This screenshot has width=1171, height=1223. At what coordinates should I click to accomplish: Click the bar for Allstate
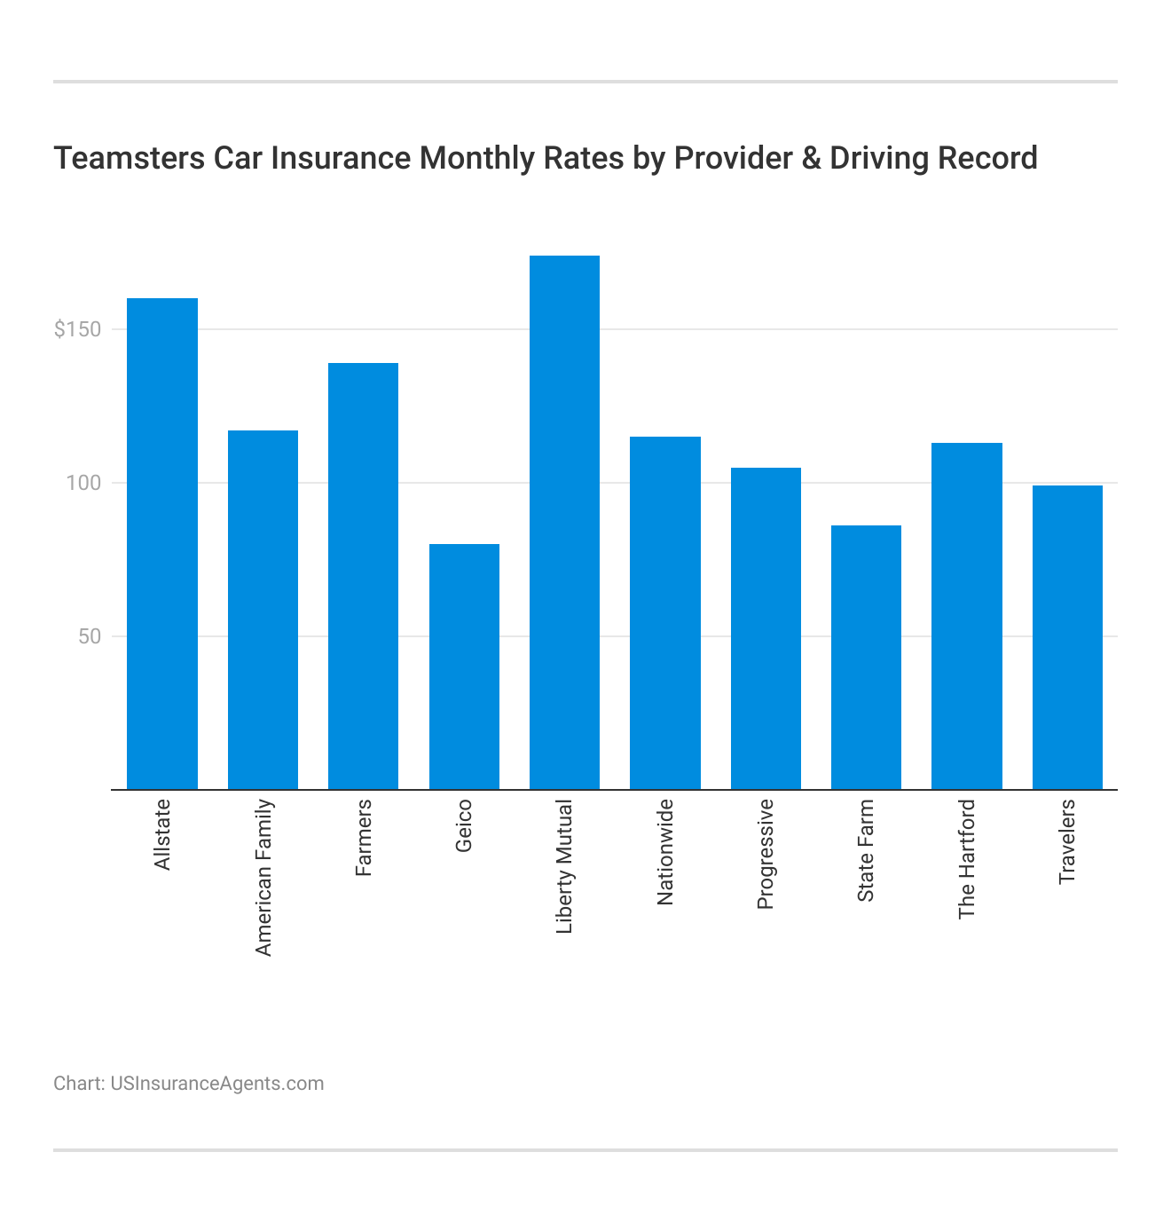coord(162,543)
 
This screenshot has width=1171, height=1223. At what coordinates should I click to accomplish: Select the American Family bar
coord(263,610)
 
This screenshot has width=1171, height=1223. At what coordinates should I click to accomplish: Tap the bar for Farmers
coord(363,576)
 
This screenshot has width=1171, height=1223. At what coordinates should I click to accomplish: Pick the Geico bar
coord(464,667)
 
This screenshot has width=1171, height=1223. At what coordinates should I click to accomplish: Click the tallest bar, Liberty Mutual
coord(564,522)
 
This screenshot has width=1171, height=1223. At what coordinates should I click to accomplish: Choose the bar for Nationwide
coord(665,612)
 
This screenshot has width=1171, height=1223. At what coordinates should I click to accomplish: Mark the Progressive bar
coord(766,628)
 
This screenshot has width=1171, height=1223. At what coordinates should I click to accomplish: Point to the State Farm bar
coord(866,657)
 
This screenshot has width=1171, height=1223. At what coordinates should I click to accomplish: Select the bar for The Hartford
coord(967,616)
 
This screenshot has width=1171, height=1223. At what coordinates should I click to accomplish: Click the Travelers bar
coord(1067,637)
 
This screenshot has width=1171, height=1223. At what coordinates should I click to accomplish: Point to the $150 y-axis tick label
coord(77,329)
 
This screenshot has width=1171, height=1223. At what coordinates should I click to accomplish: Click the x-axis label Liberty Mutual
coord(565,866)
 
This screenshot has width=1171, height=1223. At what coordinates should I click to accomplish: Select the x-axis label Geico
coord(464,826)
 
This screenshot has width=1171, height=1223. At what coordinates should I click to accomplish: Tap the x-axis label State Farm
coord(867,851)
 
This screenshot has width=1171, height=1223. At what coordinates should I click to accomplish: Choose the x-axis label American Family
coord(263,878)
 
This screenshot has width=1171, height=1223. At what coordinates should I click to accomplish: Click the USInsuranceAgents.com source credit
coord(217,1084)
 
